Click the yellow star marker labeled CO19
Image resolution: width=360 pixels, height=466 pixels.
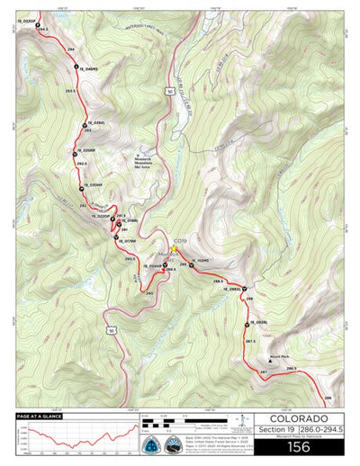click(174, 247)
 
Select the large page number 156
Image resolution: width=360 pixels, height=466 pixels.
click(297, 444)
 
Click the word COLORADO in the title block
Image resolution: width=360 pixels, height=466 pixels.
click(297, 418)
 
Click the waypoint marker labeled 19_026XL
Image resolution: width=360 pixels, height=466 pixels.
click(85, 125)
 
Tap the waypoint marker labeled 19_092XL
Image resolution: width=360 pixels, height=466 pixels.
click(246, 323)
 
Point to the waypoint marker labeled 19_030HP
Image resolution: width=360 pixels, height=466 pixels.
click(82, 187)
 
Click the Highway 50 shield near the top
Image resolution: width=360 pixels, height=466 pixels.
click(169, 91)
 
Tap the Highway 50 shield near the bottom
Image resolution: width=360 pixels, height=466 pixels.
click(111, 331)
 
